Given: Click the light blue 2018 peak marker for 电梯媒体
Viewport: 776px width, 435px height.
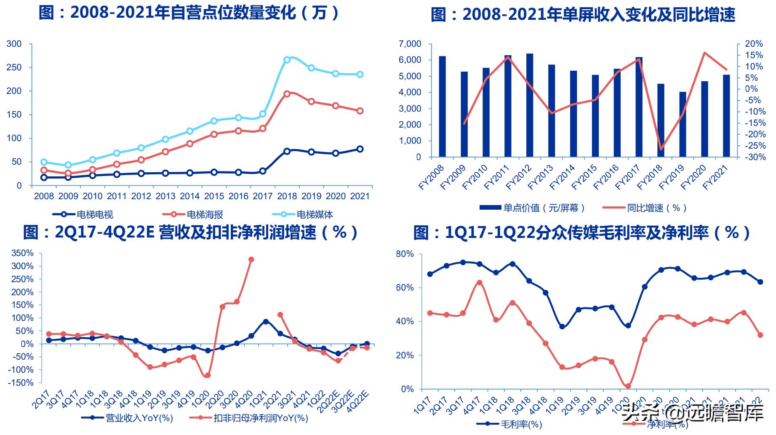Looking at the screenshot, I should [x=287, y=60].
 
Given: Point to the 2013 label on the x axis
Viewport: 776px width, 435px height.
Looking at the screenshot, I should [x=165, y=196].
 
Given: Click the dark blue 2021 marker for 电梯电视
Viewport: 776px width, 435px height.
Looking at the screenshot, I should [x=360, y=149].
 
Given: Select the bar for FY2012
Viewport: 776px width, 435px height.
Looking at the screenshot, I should [x=529, y=105].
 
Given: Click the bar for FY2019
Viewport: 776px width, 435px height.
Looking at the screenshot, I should [x=683, y=124].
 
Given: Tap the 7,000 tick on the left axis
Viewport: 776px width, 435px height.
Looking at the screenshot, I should [x=410, y=44].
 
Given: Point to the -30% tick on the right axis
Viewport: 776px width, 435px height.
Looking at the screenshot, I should [x=754, y=157].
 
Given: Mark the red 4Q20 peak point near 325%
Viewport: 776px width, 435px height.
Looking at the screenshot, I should [x=251, y=259].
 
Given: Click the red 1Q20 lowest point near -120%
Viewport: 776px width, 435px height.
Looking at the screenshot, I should [x=207, y=375].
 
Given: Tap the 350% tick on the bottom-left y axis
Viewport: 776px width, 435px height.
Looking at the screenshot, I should [x=22, y=253].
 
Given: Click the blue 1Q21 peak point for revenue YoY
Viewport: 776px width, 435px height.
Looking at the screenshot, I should [x=266, y=322].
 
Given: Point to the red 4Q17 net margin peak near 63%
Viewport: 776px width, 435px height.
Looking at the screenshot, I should [x=479, y=283].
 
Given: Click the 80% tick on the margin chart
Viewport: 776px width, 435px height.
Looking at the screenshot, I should [x=405, y=254].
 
